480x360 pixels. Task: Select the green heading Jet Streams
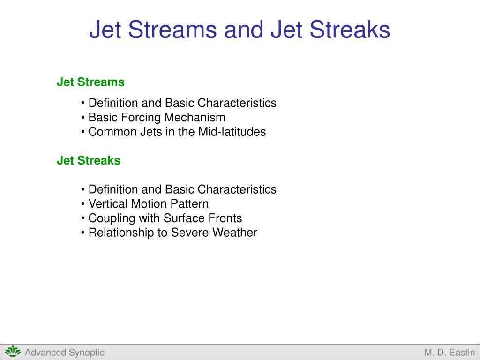tap(90, 82)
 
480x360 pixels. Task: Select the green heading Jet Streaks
tap(89, 161)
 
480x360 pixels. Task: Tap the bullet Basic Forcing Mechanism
tap(157, 117)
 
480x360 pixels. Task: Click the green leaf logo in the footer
tap(13, 352)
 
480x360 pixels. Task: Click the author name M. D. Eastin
tap(449, 352)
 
